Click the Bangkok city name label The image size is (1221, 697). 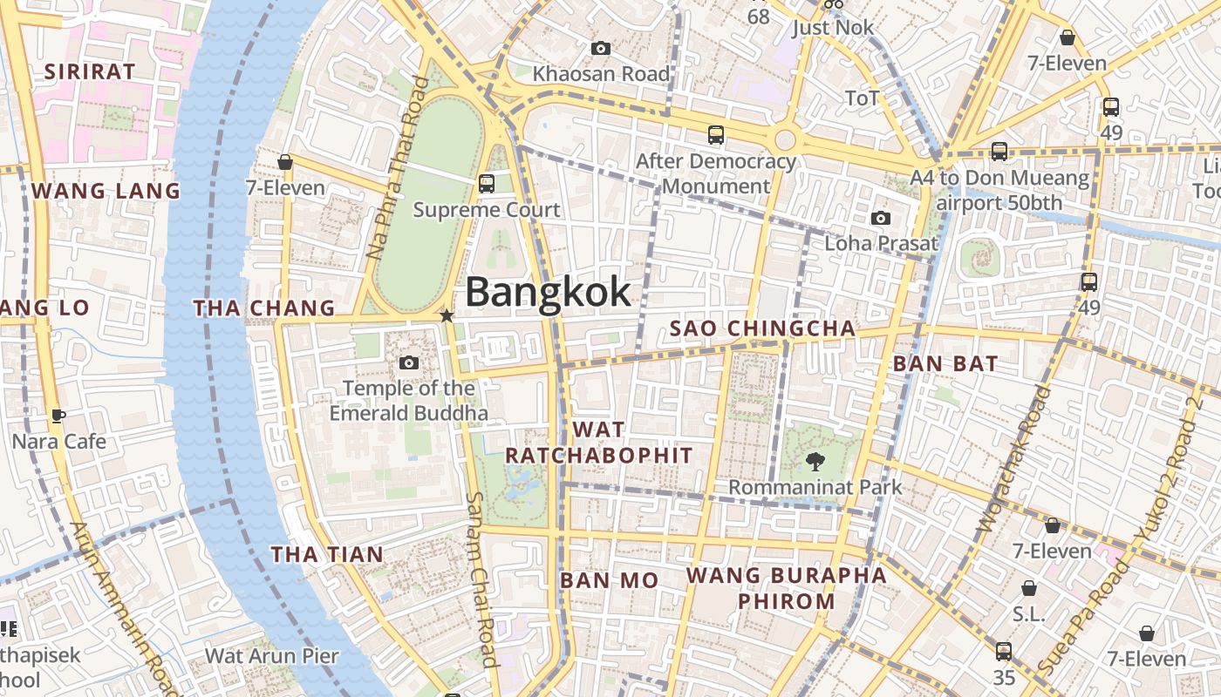point(548,292)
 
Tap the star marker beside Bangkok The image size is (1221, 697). point(447,315)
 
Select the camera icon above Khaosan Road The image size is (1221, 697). point(601,49)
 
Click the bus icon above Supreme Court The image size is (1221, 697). point(487,184)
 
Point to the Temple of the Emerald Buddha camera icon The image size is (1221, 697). point(408,362)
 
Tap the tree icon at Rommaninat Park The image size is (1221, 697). point(815,462)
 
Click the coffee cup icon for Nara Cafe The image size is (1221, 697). point(58,416)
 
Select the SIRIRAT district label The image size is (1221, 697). point(90,71)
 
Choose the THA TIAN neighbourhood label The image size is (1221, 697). point(327,554)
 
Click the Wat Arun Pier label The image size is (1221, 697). point(271,655)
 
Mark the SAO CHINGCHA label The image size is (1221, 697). point(762,328)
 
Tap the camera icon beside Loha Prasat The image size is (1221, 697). point(881,218)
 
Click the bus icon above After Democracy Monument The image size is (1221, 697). point(716,135)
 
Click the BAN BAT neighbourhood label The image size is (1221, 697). point(945,364)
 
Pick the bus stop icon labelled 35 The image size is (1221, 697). point(1004,652)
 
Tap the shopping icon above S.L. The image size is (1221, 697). point(1029,588)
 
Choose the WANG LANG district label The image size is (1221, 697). point(106,191)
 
